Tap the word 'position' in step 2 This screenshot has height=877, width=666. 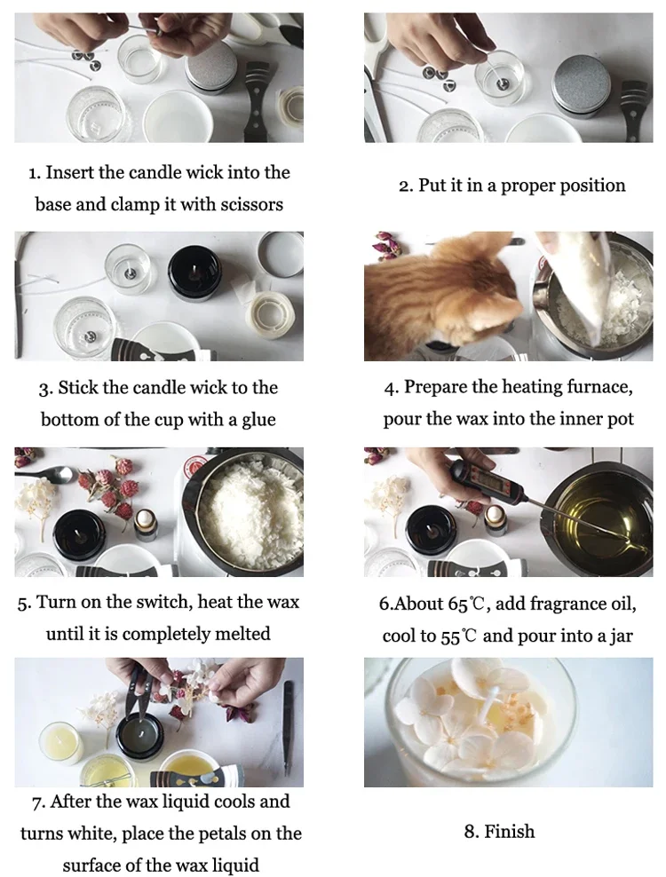(591, 186)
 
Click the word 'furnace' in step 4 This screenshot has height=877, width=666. (600, 387)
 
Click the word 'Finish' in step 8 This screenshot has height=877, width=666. (510, 832)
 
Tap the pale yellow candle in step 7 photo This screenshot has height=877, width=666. (60, 743)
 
